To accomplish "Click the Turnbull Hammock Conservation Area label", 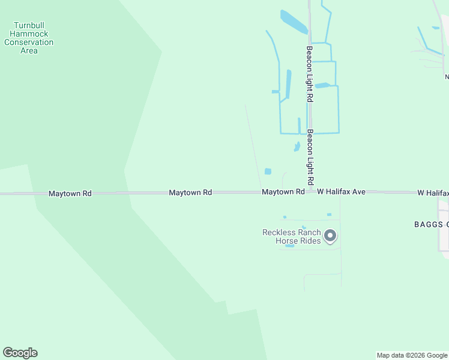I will click(x=29, y=38).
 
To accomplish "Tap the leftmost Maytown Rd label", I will click(x=70, y=193).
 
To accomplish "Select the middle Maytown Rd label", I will click(x=190, y=193).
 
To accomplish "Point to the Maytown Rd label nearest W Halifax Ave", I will click(x=283, y=192).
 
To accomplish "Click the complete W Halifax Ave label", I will click(x=341, y=192).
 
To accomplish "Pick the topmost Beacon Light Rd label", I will click(x=310, y=74).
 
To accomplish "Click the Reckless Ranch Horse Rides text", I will click(x=291, y=236).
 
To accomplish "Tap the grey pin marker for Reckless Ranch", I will click(x=330, y=236).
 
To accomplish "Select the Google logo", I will click(x=20, y=353).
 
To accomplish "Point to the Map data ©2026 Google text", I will click(x=412, y=355).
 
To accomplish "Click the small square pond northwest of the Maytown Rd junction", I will click(x=268, y=171).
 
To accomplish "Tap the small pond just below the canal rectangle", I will click(x=297, y=146).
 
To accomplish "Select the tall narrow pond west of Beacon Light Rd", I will click(x=288, y=84).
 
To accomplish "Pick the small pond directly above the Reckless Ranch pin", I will click(x=329, y=214).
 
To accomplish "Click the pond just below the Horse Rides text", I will click(x=290, y=245).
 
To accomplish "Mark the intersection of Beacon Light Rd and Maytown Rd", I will click(x=310, y=192).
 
